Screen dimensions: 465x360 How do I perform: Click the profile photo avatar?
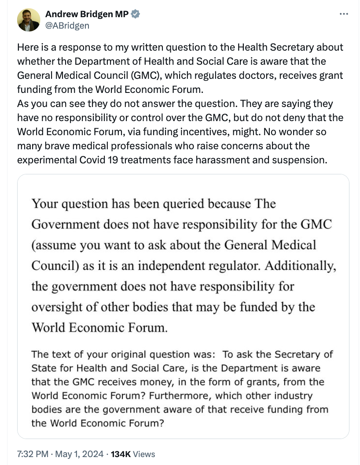click(29, 20)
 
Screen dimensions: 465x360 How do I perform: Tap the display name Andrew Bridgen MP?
click(87, 14)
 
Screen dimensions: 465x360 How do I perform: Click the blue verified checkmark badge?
click(136, 14)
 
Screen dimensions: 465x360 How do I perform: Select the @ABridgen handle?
click(67, 26)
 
